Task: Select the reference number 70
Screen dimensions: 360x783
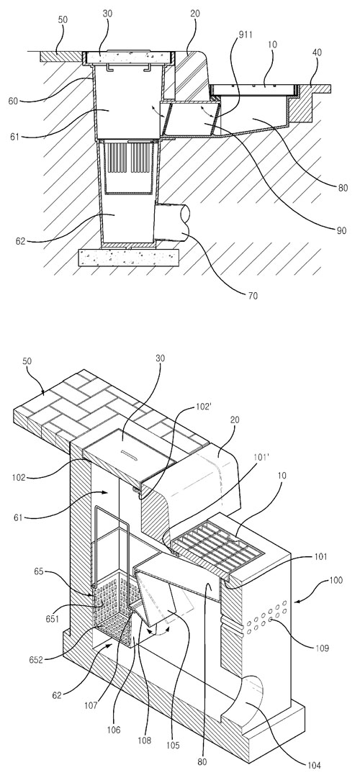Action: pyautogui.click(x=253, y=296)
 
